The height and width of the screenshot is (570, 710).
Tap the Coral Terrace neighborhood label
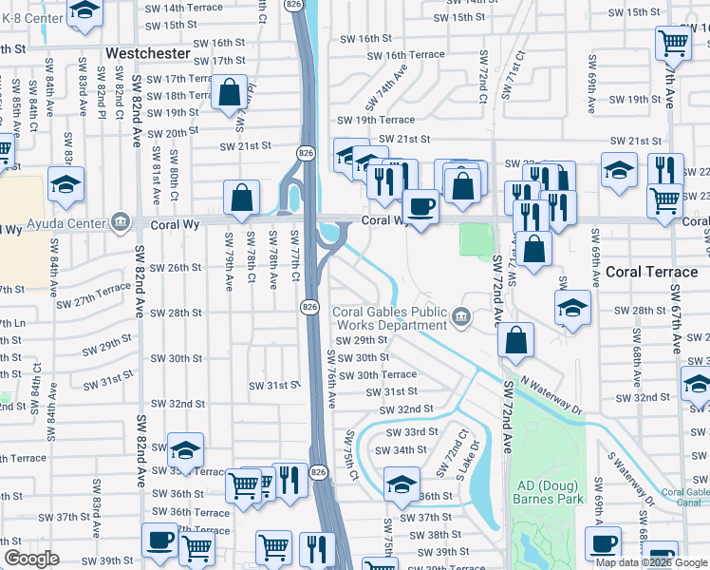tap(651, 271)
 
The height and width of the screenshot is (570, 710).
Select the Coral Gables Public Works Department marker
tap(461, 316)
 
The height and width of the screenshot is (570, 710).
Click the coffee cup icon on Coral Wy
tap(420, 205)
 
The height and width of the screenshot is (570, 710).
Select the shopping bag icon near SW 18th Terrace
tap(230, 93)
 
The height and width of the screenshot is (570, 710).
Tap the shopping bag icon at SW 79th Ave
tap(243, 198)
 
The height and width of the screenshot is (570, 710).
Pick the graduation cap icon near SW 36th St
tap(402, 484)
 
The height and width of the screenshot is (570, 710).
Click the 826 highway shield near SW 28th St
tap(309, 306)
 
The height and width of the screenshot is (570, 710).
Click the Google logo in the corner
tap(32, 559)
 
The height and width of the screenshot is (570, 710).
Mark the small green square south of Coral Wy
tap(476, 239)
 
